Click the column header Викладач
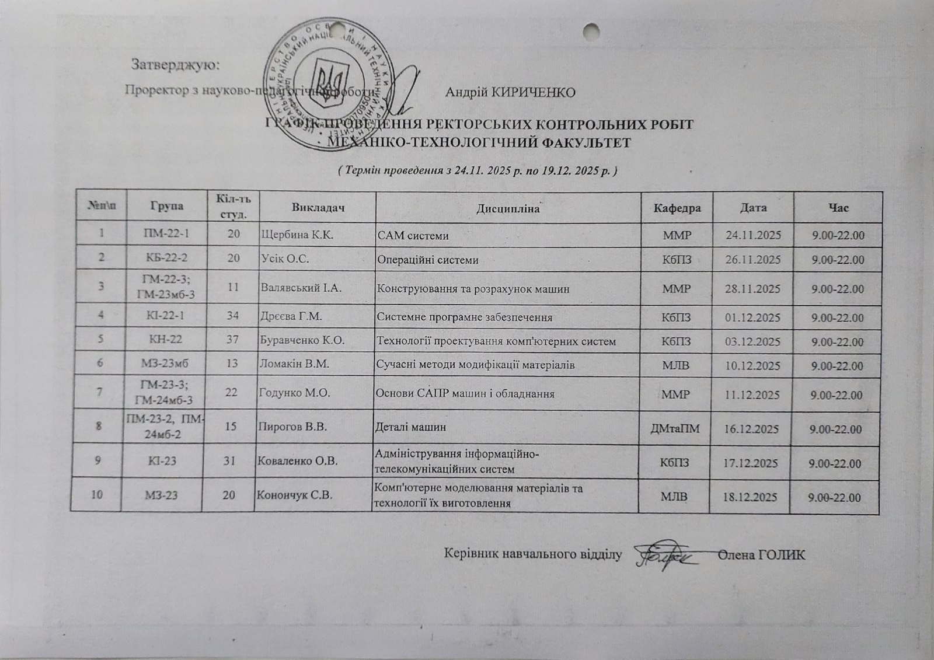(315, 207)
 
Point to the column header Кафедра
(677, 208)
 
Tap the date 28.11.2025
(752, 288)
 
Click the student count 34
(232, 317)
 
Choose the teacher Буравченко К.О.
(302, 340)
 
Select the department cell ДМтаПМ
(675, 429)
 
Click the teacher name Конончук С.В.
(295, 495)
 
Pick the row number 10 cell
(96, 494)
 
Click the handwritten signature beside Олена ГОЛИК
(665, 557)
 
